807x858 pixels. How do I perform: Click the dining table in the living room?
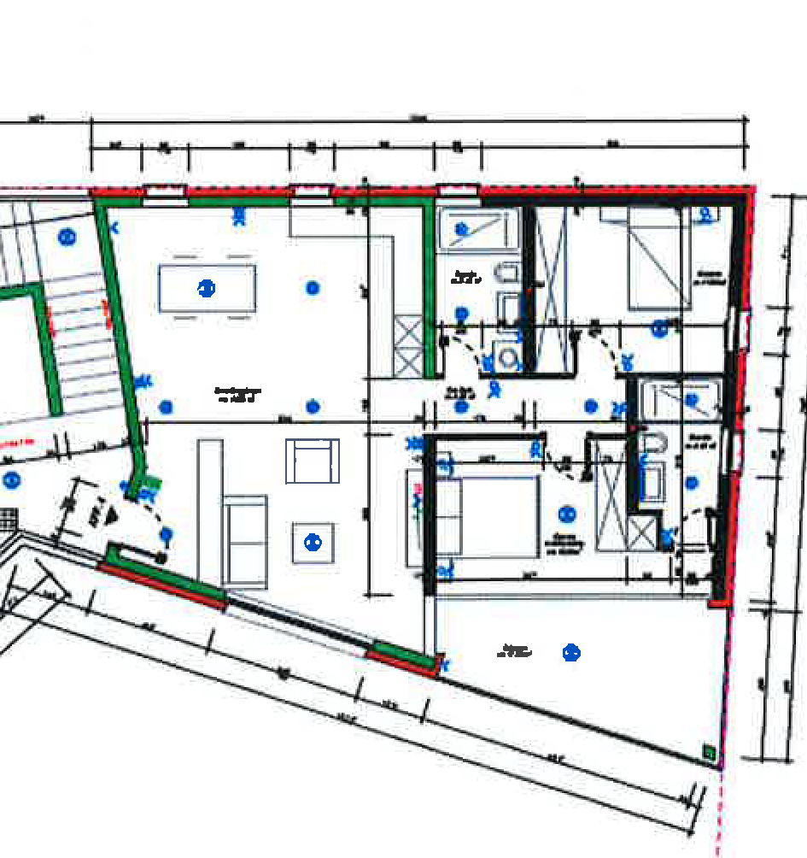click(x=207, y=288)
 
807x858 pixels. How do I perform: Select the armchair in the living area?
click(x=312, y=461)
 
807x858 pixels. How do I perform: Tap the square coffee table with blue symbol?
click(x=313, y=543)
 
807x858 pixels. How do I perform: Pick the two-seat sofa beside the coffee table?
click(x=245, y=539)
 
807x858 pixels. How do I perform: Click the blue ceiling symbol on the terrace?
click(x=571, y=653)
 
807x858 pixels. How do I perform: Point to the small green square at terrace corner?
click(x=708, y=752)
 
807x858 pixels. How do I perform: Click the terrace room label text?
click(x=516, y=651)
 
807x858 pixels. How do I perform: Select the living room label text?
click(x=237, y=394)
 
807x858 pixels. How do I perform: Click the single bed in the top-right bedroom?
click(x=659, y=259)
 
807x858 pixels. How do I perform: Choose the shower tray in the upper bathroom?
click(x=478, y=228)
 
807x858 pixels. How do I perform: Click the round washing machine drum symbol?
click(x=511, y=360)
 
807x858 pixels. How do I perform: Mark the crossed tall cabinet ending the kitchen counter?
click(x=407, y=345)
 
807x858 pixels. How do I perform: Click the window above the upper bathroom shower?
click(x=458, y=190)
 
